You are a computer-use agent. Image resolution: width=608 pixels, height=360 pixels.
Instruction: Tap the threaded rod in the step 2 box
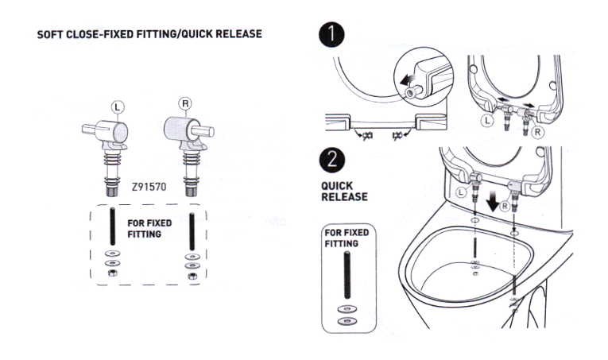347,275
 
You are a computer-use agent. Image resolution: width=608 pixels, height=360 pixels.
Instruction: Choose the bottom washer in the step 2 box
347,321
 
